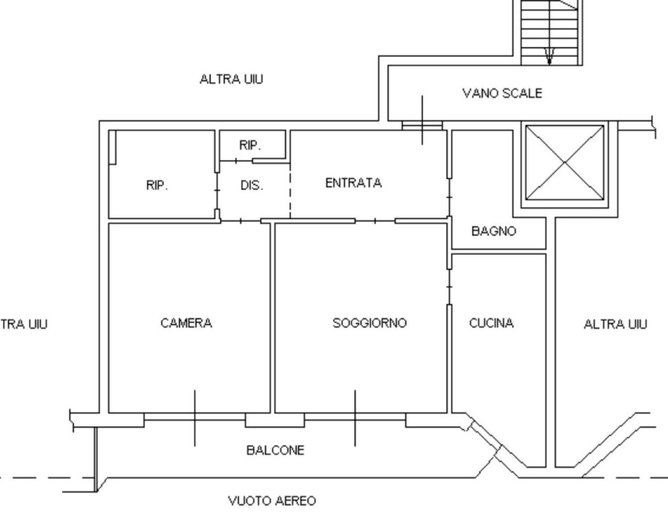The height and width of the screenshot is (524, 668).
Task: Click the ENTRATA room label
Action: pyautogui.click(x=353, y=183)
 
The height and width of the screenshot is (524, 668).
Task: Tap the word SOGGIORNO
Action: pyautogui.click(x=370, y=323)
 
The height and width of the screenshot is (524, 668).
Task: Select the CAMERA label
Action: pyautogui.click(x=186, y=323)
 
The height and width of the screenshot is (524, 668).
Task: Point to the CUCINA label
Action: pyautogui.click(x=491, y=323)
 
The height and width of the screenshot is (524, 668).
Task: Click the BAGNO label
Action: pyautogui.click(x=493, y=231)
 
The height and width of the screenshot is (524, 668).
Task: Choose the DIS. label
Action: pyautogui.click(x=252, y=185)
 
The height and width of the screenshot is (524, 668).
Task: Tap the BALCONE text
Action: pyautogui.click(x=275, y=450)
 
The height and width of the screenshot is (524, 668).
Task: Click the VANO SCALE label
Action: pyautogui.click(x=502, y=93)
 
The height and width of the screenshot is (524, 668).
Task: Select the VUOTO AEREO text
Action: pyautogui.click(x=272, y=501)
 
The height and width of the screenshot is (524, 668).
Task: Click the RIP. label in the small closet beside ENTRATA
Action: pyautogui.click(x=250, y=145)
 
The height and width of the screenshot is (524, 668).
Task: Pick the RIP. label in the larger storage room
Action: pyautogui.click(x=157, y=185)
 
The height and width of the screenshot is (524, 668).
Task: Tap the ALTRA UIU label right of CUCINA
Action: pyautogui.click(x=615, y=324)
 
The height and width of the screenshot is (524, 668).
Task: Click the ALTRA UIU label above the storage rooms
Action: pyautogui.click(x=231, y=79)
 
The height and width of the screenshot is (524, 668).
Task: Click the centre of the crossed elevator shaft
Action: pyautogui.click(x=565, y=162)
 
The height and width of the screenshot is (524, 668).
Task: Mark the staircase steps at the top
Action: pyautogui.click(x=549, y=31)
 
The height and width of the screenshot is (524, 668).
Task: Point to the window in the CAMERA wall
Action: pyautogui.click(x=195, y=418)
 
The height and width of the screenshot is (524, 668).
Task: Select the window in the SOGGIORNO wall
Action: pyautogui.click(x=355, y=418)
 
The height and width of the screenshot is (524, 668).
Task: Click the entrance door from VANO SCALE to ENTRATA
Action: pyautogui.click(x=422, y=125)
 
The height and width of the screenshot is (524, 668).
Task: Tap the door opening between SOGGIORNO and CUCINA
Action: pyautogui.click(x=450, y=287)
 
